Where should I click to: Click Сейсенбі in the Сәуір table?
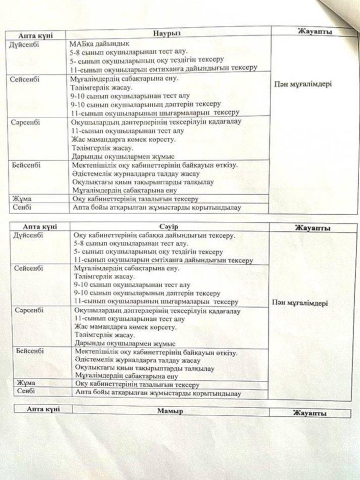click(x=29, y=267)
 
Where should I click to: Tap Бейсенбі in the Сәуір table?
click(x=30, y=351)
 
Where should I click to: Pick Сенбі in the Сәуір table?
click(x=26, y=392)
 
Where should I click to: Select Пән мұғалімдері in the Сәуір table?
click(x=299, y=303)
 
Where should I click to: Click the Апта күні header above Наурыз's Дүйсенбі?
click(x=35, y=35)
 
